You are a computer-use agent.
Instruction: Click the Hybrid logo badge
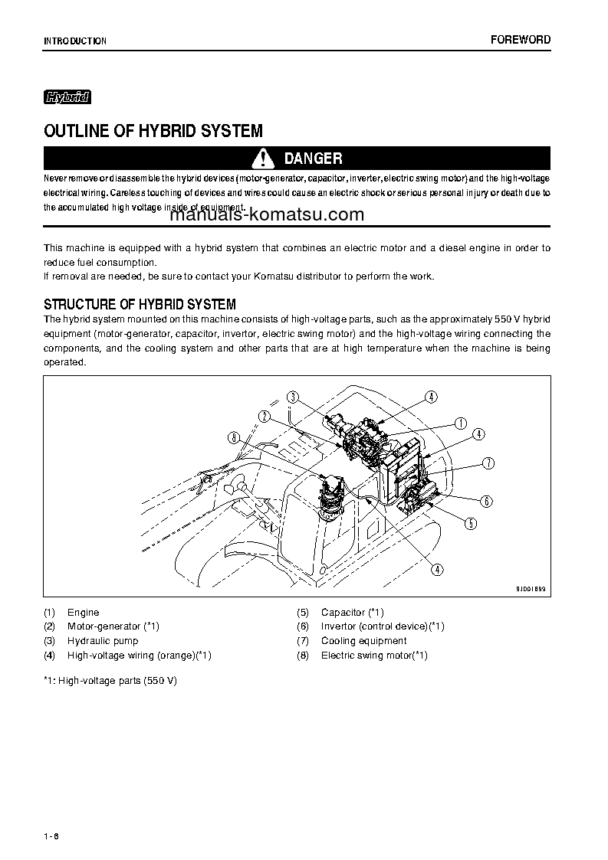coord(67,97)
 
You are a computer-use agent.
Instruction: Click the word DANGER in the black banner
coord(313,159)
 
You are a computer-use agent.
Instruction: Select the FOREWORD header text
coord(521,40)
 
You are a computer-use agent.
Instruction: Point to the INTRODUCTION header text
coord(75,41)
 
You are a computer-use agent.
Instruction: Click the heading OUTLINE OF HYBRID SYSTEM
coord(153,131)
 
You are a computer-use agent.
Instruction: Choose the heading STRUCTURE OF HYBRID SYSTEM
coord(140,304)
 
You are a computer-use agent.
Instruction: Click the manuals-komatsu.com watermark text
coord(266,214)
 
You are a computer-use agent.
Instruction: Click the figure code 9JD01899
coord(530,589)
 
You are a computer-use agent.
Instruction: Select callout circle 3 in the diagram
coord(292,396)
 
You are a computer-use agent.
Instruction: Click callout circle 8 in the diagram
coord(234,437)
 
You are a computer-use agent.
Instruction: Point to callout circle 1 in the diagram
coord(461,423)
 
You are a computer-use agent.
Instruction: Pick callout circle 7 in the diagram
coord(488,463)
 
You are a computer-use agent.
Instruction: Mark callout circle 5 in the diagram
coord(471,524)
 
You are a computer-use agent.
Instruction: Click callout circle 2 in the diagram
coord(264,416)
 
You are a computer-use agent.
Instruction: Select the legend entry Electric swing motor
coord(373,656)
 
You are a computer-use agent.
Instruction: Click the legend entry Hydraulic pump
coord(103,641)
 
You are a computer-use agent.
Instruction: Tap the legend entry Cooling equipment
coord(363,641)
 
